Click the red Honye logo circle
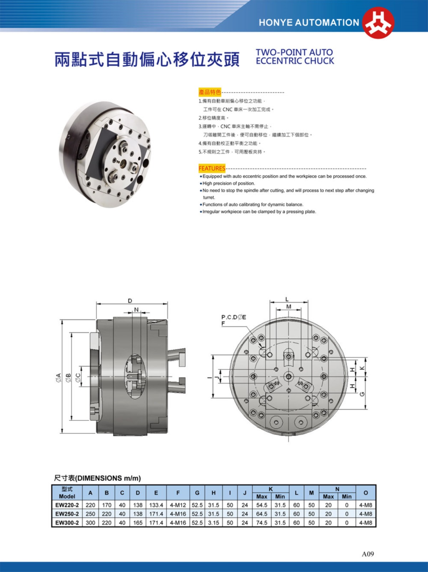(378, 22)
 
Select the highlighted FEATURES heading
(212, 168)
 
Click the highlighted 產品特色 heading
(210, 92)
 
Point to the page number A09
(368, 554)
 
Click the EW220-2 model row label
(67, 505)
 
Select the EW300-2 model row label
(67, 523)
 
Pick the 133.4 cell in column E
(156, 505)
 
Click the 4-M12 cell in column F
(178, 505)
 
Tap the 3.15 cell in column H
(213, 523)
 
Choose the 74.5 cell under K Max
(261, 523)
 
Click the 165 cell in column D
(138, 523)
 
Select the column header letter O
(366, 493)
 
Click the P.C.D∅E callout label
(234, 317)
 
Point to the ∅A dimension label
(58, 377)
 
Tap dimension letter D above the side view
(130, 300)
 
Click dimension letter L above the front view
(287, 299)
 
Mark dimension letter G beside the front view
(362, 394)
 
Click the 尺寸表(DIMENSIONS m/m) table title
(97, 478)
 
